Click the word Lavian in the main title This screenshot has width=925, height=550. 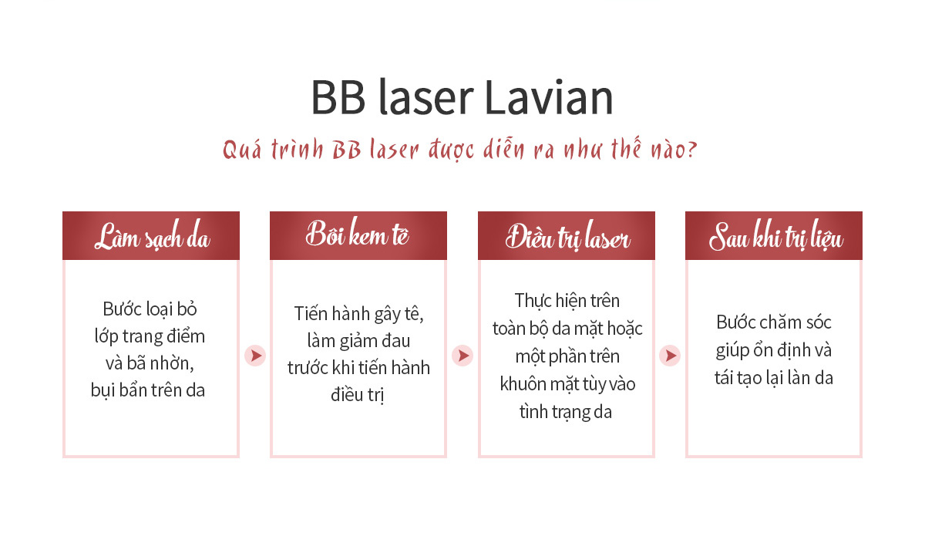549,97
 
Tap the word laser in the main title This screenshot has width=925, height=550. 426,97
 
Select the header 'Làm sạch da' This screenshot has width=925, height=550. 152,236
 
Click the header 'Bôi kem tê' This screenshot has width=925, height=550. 358,233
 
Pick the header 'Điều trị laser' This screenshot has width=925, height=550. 568,236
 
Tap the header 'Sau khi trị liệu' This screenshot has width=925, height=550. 776,236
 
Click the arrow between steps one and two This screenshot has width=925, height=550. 255,356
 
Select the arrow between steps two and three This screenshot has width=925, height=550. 462,356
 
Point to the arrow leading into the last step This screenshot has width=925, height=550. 670,356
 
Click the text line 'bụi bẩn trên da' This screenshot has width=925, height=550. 148,390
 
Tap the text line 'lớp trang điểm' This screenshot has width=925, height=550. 150,336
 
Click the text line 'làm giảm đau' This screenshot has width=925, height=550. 358,341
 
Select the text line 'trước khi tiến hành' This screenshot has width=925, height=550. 358,368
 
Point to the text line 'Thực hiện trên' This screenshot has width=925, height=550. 567,301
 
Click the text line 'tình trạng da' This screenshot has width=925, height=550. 566,412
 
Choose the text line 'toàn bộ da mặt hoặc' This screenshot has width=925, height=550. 567,329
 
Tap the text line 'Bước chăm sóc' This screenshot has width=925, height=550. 774,322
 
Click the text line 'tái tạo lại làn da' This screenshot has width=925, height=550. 774,378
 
